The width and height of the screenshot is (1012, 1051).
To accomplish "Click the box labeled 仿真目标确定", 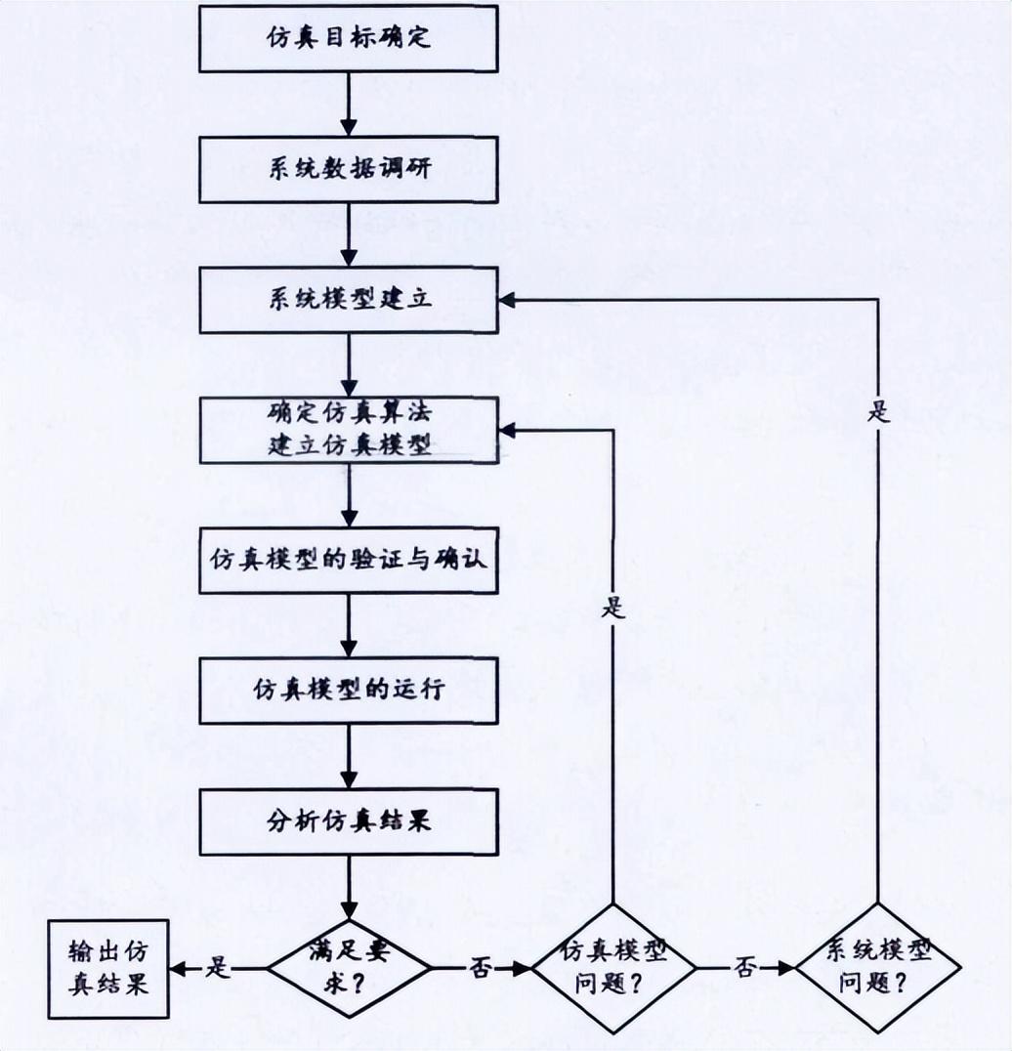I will click(349, 39).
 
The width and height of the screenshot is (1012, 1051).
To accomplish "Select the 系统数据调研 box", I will click(349, 169).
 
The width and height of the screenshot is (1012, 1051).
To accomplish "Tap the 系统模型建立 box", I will click(349, 299).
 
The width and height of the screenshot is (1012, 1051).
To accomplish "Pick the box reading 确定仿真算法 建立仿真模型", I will click(349, 429).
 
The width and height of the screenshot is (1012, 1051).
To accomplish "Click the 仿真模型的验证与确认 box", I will click(349, 560).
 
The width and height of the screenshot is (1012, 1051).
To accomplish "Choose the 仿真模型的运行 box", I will click(349, 690).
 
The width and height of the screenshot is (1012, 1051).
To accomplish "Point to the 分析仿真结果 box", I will click(349, 820).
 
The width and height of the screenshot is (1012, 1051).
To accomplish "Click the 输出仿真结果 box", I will click(108, 969).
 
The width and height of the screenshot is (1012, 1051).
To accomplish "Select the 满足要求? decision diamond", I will click(349, 968).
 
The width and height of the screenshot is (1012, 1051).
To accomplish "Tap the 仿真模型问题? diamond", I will click(613, 968).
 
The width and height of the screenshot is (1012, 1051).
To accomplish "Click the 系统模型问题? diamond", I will click(878, 968).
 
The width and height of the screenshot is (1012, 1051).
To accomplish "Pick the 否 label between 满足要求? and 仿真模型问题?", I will click(481, 968).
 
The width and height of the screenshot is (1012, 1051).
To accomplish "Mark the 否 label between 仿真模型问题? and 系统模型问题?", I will click(745, 968).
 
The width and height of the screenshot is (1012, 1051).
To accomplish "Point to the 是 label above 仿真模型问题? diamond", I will click(613, 609).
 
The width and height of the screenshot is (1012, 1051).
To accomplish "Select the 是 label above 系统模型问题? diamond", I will click(878, 411).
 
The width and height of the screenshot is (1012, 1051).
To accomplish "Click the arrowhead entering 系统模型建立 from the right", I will click(508, 299).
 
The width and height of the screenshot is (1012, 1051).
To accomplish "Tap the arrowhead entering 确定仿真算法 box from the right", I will click(508, 429).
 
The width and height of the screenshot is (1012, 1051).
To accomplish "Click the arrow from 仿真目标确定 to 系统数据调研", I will click(349, 104).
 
